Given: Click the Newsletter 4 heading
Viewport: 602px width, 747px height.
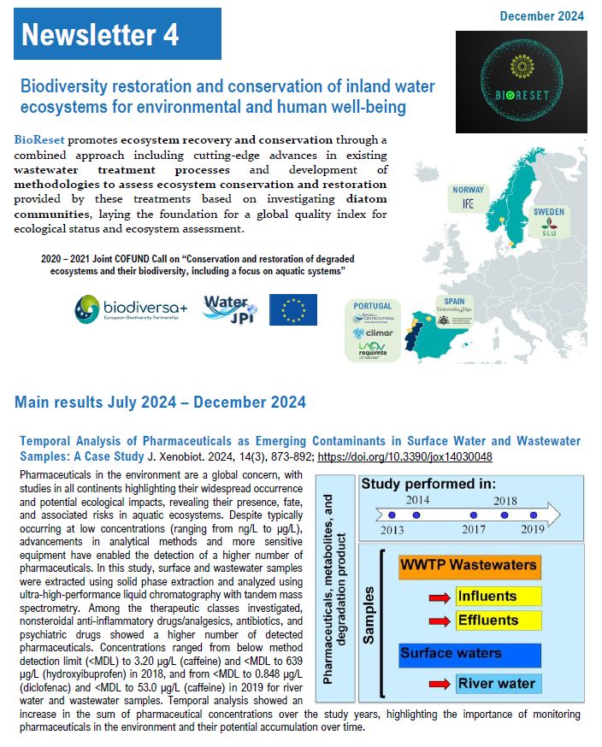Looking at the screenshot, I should click(101, 34).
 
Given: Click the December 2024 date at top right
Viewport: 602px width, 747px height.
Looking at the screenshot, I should click(542, 15).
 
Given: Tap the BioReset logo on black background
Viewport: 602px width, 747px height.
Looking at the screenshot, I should click(521, 81).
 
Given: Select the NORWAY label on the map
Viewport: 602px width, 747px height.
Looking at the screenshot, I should click(469, 190).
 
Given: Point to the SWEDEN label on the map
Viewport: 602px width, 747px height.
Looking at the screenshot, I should click(548, 210).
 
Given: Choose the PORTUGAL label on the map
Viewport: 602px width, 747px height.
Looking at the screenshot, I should click(373, 306).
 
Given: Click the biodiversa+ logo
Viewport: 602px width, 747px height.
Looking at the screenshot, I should click(125, 309).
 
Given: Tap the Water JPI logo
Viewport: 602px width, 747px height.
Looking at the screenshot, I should click(227, 309).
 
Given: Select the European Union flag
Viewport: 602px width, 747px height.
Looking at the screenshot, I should click(293, 309).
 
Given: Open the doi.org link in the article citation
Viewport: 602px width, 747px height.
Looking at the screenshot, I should click(417, 456).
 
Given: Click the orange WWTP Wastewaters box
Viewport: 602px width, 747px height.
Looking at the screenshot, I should click(469, 565).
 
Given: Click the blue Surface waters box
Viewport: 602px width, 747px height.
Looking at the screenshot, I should click(469, 654).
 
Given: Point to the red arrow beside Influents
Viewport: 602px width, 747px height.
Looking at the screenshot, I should click(437, 597).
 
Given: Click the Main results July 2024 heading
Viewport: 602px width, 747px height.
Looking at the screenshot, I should click(160, 402).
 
